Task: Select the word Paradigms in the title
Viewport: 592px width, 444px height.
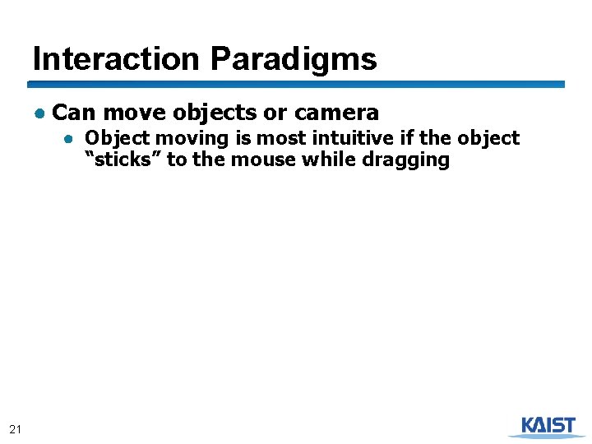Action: [x=294, y=59]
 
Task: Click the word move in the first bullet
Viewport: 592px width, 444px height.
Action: [x=135, y=112]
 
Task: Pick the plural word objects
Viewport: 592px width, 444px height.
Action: [x=215, y=112]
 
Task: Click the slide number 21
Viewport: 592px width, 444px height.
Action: [x=16, y=428]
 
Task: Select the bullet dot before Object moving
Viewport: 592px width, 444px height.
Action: [x=72, y=138]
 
